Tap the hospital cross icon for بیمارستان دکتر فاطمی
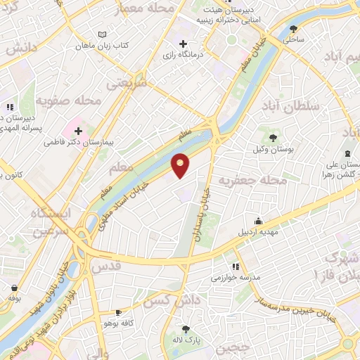(x=78, y=130)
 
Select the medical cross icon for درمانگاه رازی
(x=183, y=44)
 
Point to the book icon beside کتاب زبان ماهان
(x=103, y=34)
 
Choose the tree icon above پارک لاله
(x=186, y=328)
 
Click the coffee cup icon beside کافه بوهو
(x=118, y=311)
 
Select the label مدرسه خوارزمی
(x=236, y=278)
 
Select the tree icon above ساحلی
(x=293, y=29)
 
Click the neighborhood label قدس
(x=108, y=266)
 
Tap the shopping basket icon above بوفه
(x=14, y=287)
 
